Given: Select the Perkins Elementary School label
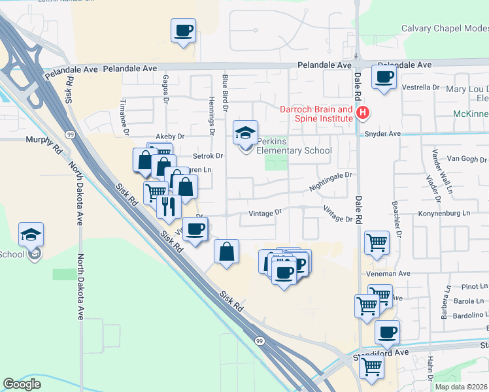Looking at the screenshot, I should [x=294, y=146].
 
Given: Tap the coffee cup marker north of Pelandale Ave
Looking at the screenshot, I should [x=183, y=30].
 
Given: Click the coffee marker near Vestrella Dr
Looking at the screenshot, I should [x=383, y=76].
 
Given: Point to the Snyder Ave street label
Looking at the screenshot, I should [x=382, y=134].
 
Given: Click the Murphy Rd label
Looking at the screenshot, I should [x=43, y=140].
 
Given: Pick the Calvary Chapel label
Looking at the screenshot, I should [x=445, y=28].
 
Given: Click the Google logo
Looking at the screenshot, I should [x=22, y=384].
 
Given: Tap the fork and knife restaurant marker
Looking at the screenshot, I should [x=169, y=206].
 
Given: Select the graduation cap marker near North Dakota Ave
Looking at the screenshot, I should [x=31, y=233].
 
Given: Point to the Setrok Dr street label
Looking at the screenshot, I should [x=209, y=156].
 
